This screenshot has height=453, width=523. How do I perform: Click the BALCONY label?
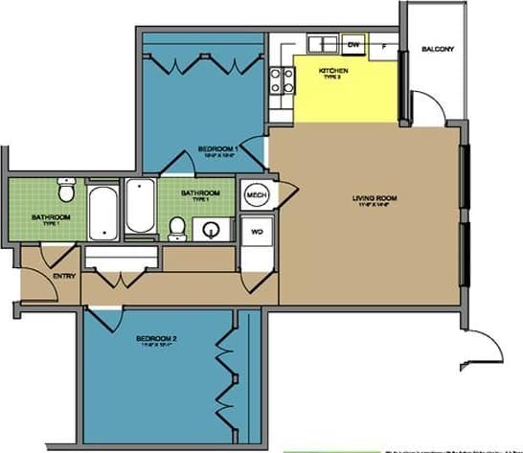(x=437, y=50)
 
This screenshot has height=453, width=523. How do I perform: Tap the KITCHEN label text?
(x=333, y=72)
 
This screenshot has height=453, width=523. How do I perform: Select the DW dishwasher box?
(x=353, y=45)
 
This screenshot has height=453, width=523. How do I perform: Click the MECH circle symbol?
(x=256, y=194)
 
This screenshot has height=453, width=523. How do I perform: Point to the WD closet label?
(x=257, y=232)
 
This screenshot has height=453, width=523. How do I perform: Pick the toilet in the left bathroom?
(x=65, y=193)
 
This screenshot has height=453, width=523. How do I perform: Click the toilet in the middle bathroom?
(x=176, y=226)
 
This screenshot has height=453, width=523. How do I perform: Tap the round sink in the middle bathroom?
(x=212, y=230)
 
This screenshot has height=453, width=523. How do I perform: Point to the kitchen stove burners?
(x=280, y=80)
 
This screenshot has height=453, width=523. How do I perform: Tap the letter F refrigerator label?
(x=384, y=45)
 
